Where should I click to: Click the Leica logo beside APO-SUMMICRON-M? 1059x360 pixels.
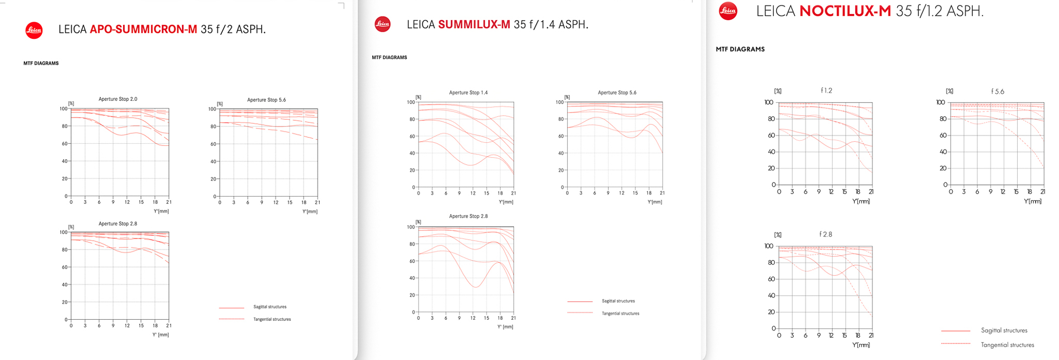click(x=34, y=30)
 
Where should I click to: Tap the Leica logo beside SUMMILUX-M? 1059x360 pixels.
click(x=382, y=24)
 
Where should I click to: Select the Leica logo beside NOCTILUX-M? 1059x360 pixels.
click(x=728, y=11)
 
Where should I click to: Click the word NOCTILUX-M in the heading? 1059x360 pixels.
click(x=845, y=11)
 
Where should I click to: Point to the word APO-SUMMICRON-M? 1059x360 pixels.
click(x=143, y=29)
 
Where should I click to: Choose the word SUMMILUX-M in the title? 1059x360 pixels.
click(x=474, y=24)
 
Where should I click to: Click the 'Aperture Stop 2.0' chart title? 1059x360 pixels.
click(x=117, y=99)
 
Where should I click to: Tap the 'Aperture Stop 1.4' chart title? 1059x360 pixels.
click(x=468, y=93)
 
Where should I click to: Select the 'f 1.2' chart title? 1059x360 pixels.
click(x=826, y=91)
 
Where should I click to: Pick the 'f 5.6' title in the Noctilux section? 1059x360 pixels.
click(x=997, y=92)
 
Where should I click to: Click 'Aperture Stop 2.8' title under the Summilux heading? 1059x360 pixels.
click(x=468, y=216)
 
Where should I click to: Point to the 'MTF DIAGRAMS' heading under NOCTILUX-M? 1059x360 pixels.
click(x=740, y=49)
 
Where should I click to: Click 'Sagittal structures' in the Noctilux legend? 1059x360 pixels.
click(x=1004, y=331)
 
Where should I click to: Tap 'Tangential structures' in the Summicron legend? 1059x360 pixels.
click(x=272, y=319)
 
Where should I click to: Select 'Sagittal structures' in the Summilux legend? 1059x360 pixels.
click(x=618, y=301)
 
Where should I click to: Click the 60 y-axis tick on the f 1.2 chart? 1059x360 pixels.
click(x=771, y=136)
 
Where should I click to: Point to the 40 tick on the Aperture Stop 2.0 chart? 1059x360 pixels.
click(x=65, y=161)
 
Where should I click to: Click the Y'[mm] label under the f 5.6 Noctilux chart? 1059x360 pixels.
click(x=1032, y=201)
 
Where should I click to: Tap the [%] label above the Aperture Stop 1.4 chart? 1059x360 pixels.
click(x=418, y=97)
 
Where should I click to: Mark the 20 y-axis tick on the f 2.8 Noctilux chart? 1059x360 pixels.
click(x=771, y=312)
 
